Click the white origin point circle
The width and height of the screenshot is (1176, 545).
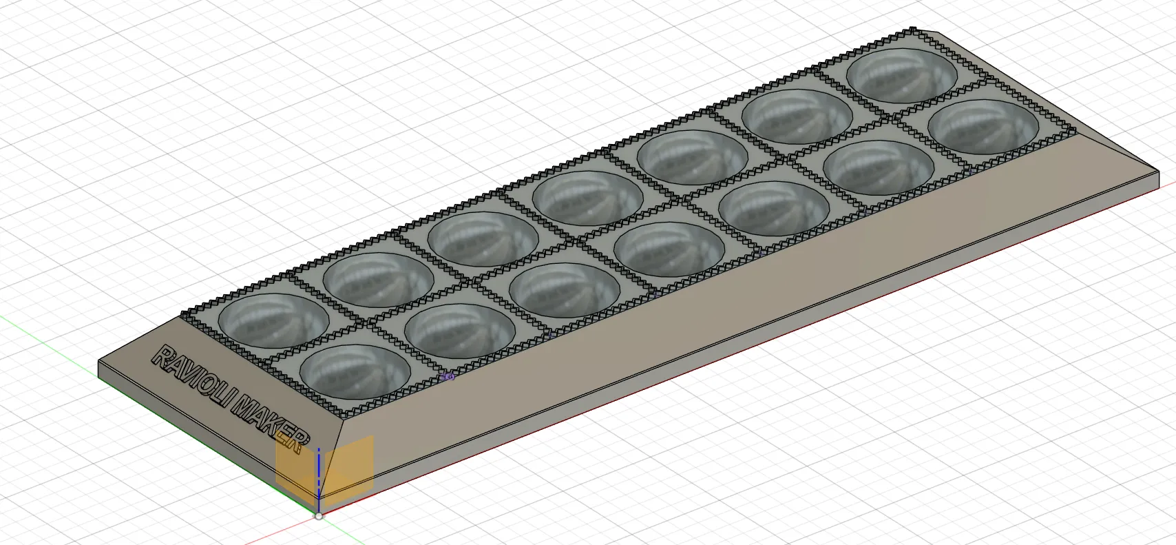tap(319, 516)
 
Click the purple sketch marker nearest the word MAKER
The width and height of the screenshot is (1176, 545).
tap(448, 376)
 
